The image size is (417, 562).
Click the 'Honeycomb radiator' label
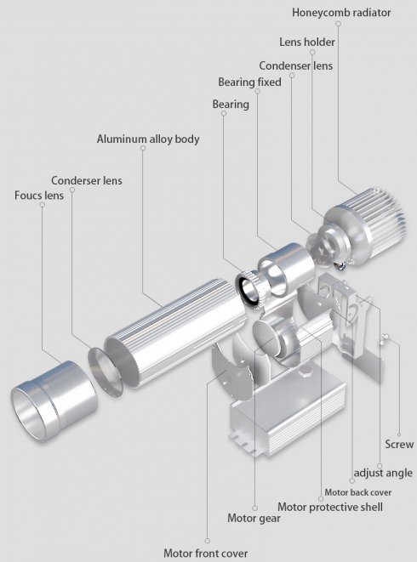pyautogui.click(x=341, y=13)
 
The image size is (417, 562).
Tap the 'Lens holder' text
pyautogui.click(x=307, y=42)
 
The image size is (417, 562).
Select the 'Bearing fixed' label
pyautogui.click(x=249, y=82)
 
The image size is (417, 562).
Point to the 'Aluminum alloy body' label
pyautogui.click(x=148, y=139)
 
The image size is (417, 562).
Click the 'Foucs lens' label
pyautogui.click(x=39, y=196)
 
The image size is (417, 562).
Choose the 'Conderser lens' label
pyautogui.click(x=87, y=180)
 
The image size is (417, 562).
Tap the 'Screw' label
pyautogui.click(x=399, y=444)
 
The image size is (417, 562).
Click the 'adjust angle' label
pyautogui.click(x=383, y=473)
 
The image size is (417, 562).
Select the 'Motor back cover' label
pyautogui.click(x=357, y=492)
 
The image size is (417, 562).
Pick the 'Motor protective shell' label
pyautogui.click(x=330, y=508)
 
